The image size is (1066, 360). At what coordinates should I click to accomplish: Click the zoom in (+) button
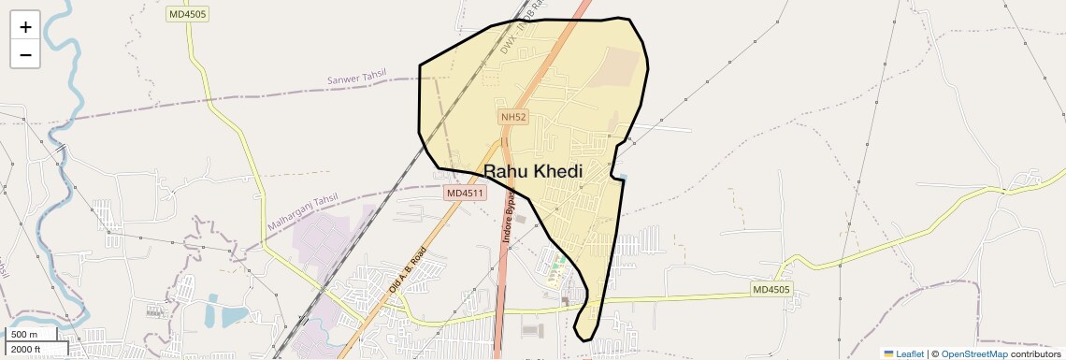[x=25, y=27]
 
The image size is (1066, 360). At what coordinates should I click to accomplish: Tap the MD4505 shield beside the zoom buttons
[x=189, y=14]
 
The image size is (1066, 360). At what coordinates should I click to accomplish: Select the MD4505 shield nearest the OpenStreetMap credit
[x=771, y=290]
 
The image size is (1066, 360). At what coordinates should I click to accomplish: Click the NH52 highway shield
[x=513, y=117]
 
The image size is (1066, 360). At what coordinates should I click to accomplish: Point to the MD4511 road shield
[x=465, y=194]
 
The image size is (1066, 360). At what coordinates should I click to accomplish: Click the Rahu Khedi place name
[x=533, y=171]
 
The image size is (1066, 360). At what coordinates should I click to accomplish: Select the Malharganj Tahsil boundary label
[x=302, y=213]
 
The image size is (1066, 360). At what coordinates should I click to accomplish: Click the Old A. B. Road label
[x=408, y=270]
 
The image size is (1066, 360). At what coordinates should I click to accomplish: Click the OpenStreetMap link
[x=973, y=353]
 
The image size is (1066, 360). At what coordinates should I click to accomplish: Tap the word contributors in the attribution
[x=1035, y=353]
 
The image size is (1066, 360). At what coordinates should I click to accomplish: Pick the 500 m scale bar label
[x=25, y=335]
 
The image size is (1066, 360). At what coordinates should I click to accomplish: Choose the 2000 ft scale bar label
[x=25, y=349]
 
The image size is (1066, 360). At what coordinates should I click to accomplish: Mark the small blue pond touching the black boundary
[x=622, y=177]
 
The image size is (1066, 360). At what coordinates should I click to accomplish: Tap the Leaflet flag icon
[x=888, y=353]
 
